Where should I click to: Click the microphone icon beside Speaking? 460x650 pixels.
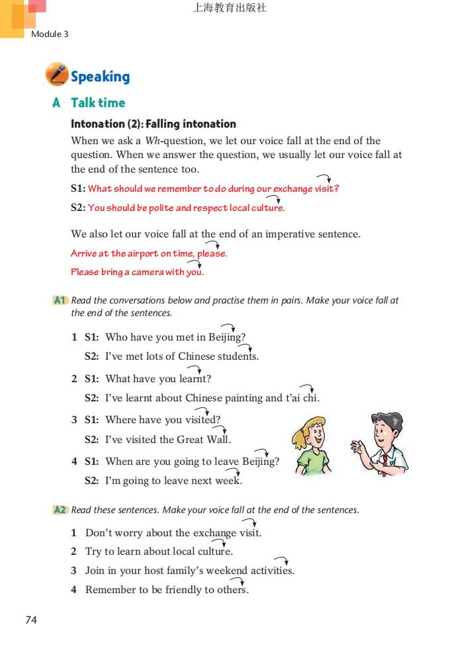pos(57,75)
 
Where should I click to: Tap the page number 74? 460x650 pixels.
pos(31,620)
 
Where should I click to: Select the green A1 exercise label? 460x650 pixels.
pos(60,300)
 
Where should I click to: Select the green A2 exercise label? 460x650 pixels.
pos(60,510)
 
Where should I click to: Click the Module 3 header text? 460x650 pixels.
pos(50,34)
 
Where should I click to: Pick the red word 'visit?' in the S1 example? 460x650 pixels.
pos(324,189)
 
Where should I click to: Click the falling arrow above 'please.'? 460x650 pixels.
pos(212,245)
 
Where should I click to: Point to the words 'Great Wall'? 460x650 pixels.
pos(203,440)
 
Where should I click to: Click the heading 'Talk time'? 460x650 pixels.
pos(98,102)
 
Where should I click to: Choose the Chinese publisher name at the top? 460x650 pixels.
pos(230,9)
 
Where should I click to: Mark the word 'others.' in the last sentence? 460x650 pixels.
pos(233,590)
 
